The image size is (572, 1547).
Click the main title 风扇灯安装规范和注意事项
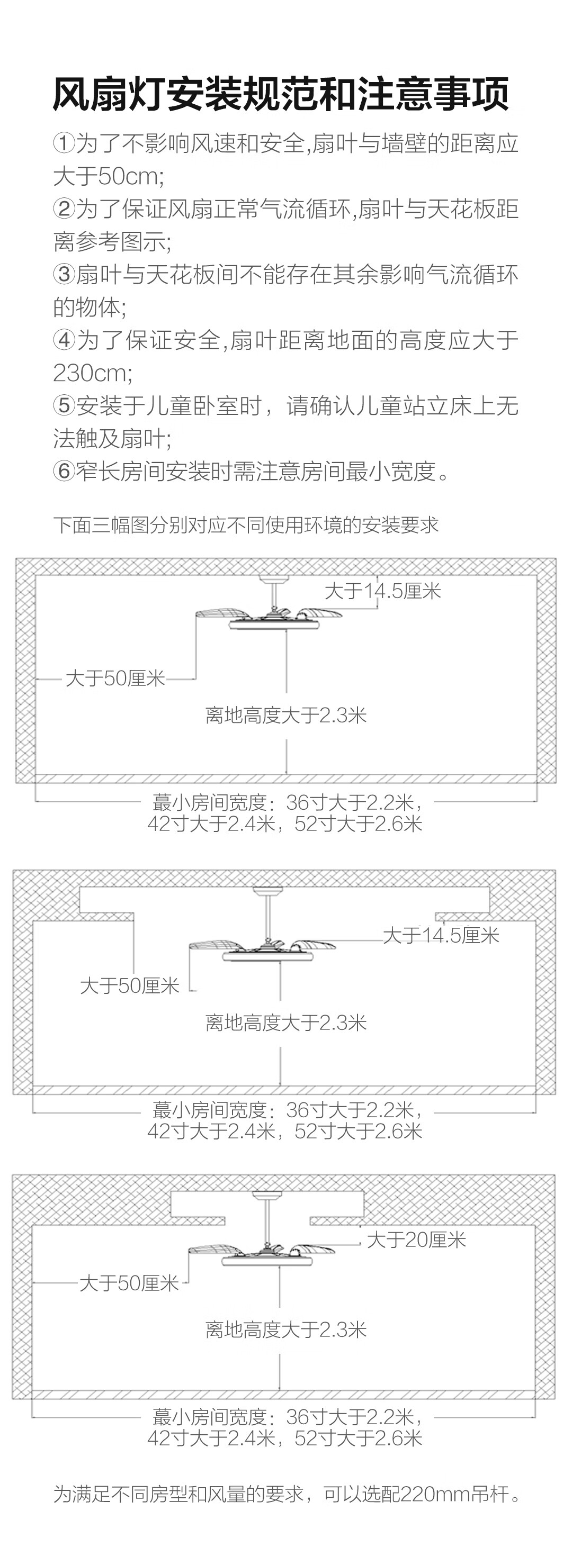(x=281, y=94)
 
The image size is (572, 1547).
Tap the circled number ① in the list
(x=64, y=144)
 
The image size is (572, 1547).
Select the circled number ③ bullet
(x=64, y=275)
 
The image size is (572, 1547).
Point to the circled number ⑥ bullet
(x=64, y=472)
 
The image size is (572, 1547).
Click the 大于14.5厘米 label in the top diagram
(x=383, y=591)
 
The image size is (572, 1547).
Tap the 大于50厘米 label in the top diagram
(x=115, y=678)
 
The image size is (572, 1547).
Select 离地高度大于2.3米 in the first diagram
(x=286, y=715)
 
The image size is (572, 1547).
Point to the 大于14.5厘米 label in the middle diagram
(x=441, y=935)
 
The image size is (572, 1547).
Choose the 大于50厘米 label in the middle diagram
(x=130, y=985)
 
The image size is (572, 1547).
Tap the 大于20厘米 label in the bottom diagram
(x=416, y=1240)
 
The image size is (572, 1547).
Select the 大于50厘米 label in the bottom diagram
(x=129, y=1283)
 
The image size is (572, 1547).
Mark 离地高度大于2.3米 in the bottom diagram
(x=286, y=1329)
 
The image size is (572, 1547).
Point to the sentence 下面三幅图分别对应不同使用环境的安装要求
(x=246, y=525)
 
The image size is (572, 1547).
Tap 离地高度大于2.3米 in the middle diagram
(x=286, y=1022)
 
